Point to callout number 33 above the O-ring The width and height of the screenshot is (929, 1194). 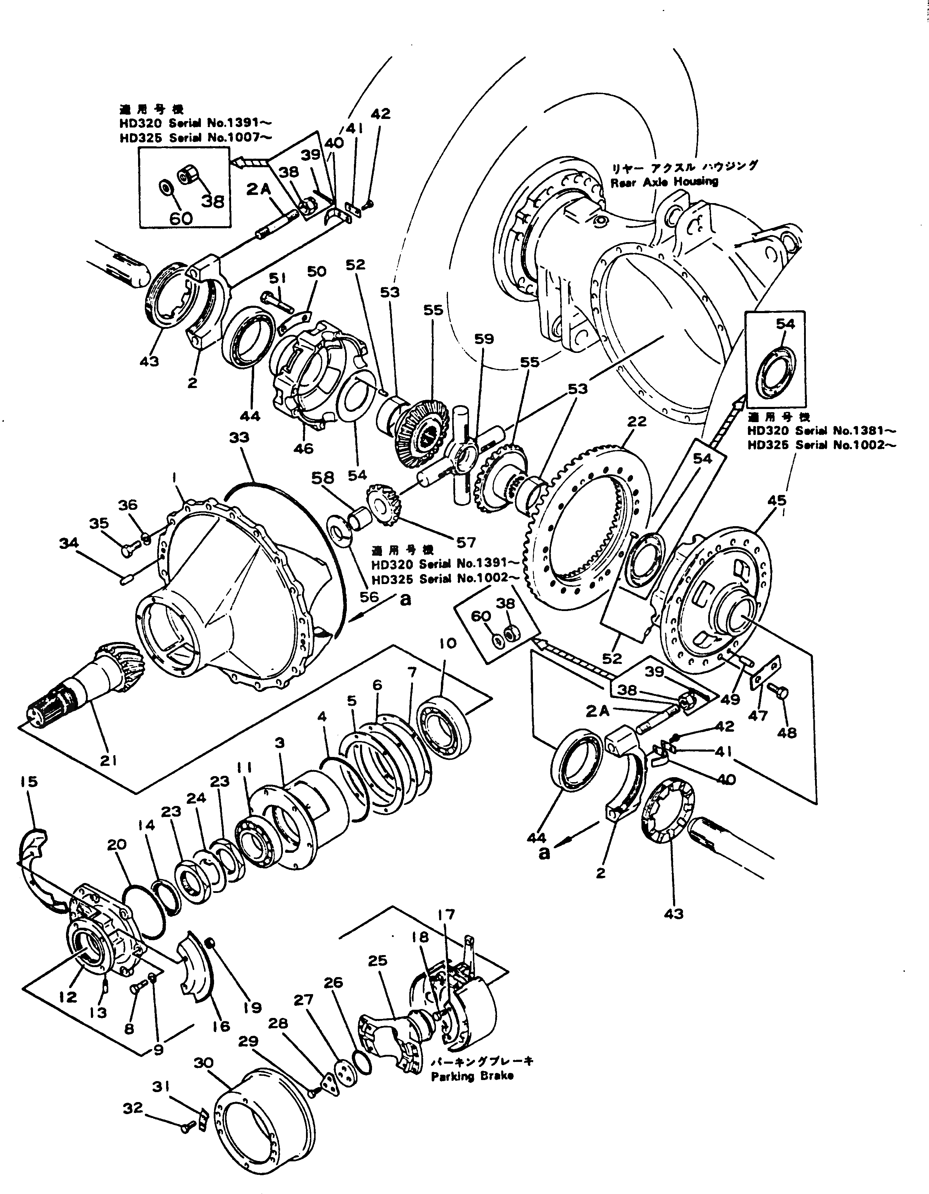coord(239,437)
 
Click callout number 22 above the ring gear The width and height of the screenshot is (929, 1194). coord(636,421)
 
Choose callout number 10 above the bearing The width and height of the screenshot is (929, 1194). coord(447,643)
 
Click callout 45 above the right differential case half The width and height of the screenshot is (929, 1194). coord(777,500)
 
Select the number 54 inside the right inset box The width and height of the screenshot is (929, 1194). coord(785,324)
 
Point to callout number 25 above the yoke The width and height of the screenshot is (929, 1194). coord(378,960)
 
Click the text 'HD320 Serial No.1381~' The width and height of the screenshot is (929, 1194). coord(821,431)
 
